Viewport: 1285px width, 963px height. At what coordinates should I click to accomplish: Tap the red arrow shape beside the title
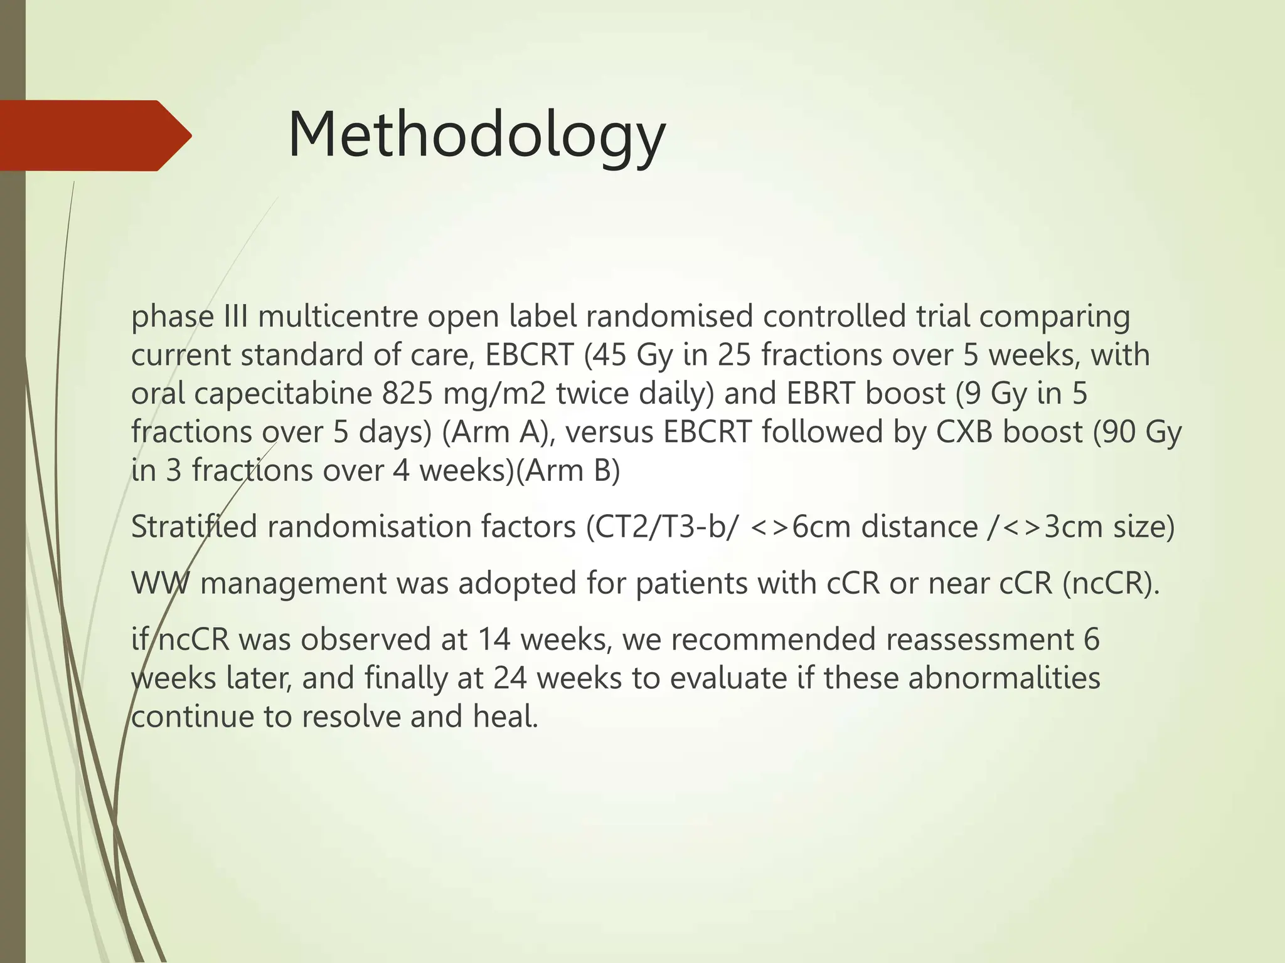[94, 135]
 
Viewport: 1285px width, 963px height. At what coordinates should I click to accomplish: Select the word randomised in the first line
[669, 317]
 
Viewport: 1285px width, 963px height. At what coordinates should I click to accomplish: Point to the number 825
[407, 394]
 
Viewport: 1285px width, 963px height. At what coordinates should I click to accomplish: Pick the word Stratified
[193, 527]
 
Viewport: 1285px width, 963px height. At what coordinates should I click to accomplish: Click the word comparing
[1054, 317]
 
